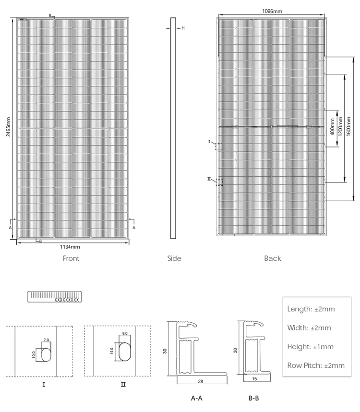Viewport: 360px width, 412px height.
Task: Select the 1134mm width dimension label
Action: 70,247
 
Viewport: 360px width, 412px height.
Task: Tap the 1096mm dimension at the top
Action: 271,11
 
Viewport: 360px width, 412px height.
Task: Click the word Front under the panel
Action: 71,258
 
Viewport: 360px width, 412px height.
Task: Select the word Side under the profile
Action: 174,258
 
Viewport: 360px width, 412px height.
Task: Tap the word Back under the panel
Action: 272,258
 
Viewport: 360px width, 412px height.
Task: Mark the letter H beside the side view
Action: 183,28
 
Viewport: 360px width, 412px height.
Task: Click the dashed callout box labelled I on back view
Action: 219,146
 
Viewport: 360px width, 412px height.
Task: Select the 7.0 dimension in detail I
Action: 46,340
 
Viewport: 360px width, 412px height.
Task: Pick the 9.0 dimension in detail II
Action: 125,333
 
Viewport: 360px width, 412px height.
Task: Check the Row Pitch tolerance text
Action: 315,365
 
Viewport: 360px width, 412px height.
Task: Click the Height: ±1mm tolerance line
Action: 310,347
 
